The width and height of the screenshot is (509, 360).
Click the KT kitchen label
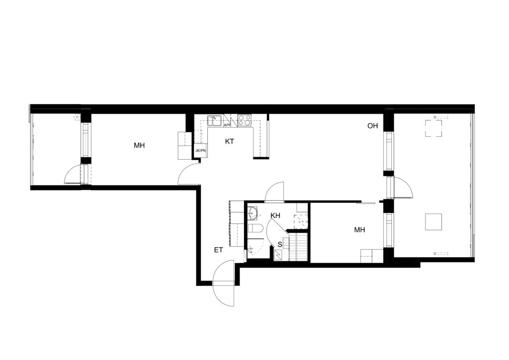click(230, 142)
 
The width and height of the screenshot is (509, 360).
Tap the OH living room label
click(373, 126)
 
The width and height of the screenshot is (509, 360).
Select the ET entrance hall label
click(219, 250)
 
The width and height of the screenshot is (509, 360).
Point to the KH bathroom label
click(275, 215)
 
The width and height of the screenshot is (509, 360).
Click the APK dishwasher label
click(228, 125)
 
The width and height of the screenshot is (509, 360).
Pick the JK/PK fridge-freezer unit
click(201, 151)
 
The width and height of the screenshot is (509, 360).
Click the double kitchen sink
click(215, 120)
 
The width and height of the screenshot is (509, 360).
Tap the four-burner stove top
click(245, 120)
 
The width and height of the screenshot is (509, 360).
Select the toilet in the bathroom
click(256, 228)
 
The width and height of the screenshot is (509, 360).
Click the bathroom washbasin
click(253, 213)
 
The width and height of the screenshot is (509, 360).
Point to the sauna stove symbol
click(278, 255)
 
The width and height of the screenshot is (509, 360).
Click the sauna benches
click(298, 247)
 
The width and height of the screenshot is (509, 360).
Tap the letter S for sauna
click(280, 245)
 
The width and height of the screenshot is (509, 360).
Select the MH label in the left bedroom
click(139, 145)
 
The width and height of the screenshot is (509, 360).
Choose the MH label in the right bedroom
click(359, 230)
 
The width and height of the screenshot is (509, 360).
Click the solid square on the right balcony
click(433, 222)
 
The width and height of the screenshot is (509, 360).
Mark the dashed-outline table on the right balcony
click(433, 128)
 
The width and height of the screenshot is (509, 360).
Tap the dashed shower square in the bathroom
click(301, 221)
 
